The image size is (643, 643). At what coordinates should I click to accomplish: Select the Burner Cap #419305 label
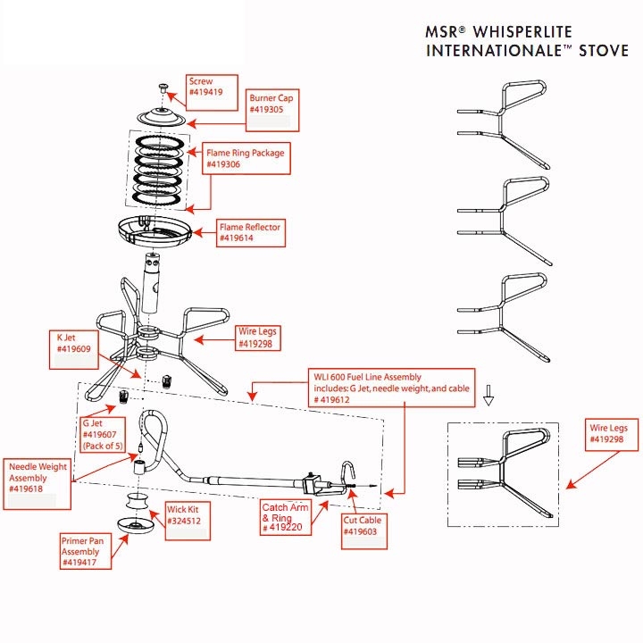(272, 104)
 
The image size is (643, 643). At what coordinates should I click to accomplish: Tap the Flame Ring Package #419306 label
(246, 158)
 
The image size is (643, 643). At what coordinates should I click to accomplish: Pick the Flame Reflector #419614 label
(250, 233)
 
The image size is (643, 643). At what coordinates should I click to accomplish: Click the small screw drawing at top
(163, 88)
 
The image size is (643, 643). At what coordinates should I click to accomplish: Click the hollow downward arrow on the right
(488, 398)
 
